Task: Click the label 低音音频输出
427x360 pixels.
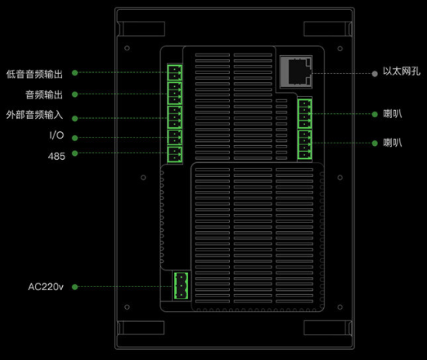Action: (x=35, y=74)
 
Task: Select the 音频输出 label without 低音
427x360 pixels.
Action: (x=44, y=95)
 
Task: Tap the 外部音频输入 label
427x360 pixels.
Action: (x=35, y=115)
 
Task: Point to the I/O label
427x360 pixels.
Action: (x=57, y=135)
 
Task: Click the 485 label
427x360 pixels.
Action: (x=57, y=156)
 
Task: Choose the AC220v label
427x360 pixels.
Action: (x=46, y=287)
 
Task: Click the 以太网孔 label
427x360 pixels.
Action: (x=401, y=71)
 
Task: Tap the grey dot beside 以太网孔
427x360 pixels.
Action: (x=375, y=74)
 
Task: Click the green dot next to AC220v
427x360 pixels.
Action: (x=75, y=287)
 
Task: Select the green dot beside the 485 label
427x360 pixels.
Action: (x=75, y=154)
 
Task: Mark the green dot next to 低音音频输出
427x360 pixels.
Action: (x=75, y=73)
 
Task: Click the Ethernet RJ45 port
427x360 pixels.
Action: (x=296, y=72)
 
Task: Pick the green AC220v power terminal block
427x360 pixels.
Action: (x=181, y=286)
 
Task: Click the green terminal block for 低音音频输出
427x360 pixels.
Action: (x=175, y=73)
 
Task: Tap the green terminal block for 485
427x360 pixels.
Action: (x=175, y=154)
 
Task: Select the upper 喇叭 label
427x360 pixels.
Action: (x=393, y=114)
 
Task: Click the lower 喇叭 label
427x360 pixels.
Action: (x=393, y=143)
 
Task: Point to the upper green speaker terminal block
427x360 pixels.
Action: (x=305, y=114)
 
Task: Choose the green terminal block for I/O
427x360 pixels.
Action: (x=175, y=137)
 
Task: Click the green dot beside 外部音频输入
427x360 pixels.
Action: (x=75, y=119)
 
